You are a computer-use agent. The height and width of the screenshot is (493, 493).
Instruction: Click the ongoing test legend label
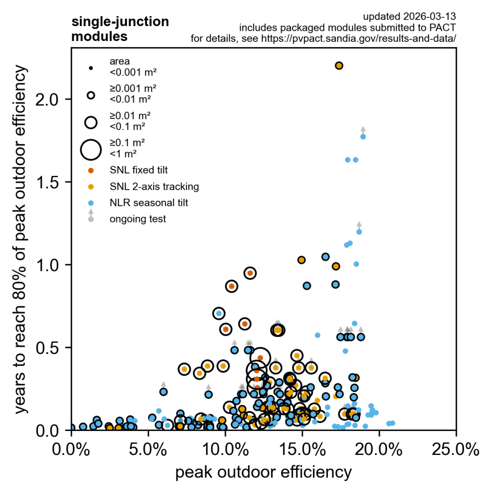pyautogui.click(x=138, y=219)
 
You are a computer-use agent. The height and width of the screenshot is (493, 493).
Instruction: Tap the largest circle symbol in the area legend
pyautogui.click(x=91, y=149)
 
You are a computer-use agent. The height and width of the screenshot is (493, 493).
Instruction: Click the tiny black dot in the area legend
pyautogui.click(x=91, y=68)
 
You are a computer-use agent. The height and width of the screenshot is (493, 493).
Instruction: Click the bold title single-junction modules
pyautogui.click(x=120, y=29)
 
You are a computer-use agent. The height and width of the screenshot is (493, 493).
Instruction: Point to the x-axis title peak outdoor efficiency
pyautogui.click(x=263, y=473)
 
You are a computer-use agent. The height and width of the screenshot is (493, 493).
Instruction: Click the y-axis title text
pyautogui.click(x=21, y=239)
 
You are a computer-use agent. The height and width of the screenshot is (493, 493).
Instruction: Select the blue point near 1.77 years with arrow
pyautogui.click(x=363, y=137)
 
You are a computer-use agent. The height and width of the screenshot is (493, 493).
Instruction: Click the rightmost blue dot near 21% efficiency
pyautogui.click(x=392, y=423)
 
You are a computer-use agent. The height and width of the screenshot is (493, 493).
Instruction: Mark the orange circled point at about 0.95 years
pyautogui.click(x=249, y=273)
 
